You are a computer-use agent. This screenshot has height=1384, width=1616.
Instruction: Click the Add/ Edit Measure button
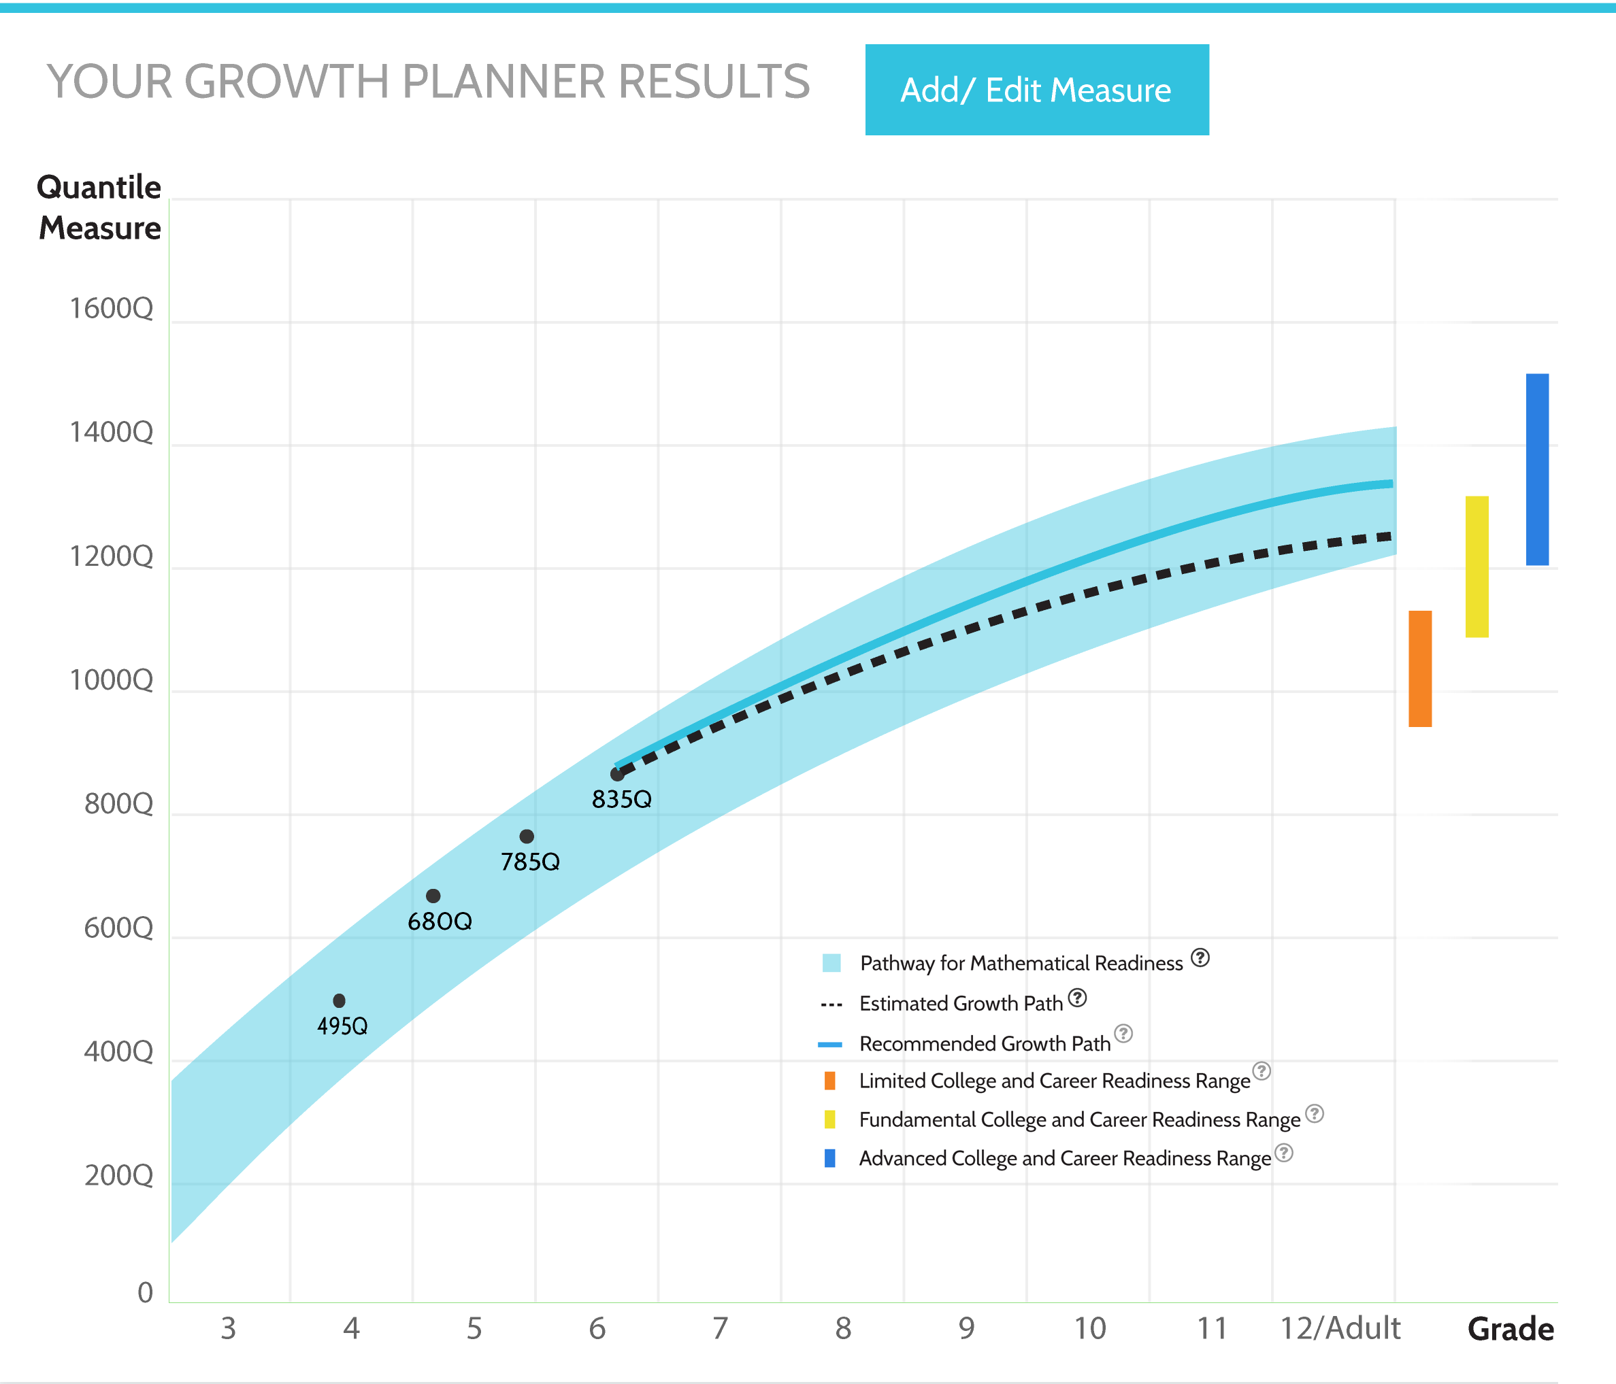[x=1036, y=90]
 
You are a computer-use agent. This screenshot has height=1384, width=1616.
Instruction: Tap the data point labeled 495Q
[x=338, y=1000]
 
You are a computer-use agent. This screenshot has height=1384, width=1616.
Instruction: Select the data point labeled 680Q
[x=433, y=896]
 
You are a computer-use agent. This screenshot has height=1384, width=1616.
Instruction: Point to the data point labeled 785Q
[x=527, y=837]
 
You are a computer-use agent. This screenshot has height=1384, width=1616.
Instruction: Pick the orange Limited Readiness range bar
[x=1419, y=669]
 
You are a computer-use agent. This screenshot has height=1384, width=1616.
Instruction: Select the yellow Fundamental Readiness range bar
[x=1477, y=566]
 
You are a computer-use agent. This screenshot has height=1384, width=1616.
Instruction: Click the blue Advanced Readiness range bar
[x=1536, y=469]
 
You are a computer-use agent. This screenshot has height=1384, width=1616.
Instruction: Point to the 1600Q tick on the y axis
[x=112, y=309]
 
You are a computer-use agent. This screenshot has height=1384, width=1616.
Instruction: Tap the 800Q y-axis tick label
[x=118, y=804]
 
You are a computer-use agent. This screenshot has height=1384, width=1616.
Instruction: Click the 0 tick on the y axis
[x=145, y=1293]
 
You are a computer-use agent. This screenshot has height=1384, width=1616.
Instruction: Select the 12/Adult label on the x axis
[x=1340, y=1328]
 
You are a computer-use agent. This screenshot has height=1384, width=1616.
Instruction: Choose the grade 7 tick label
[x=720, y=1328]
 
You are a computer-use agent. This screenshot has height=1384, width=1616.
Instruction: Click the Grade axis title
[x=1510, y=1329]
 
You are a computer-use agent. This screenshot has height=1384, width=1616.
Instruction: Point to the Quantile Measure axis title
[x=100, y=207]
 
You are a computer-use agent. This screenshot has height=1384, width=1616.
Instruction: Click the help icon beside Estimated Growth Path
[x=1077, y=998]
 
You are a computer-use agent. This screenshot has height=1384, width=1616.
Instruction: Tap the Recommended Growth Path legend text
[x=985, y=1043]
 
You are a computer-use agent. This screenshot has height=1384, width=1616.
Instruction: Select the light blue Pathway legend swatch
[x=831, y=962]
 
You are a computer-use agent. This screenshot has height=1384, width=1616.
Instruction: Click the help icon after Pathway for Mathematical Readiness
[x=1200, y=958]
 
